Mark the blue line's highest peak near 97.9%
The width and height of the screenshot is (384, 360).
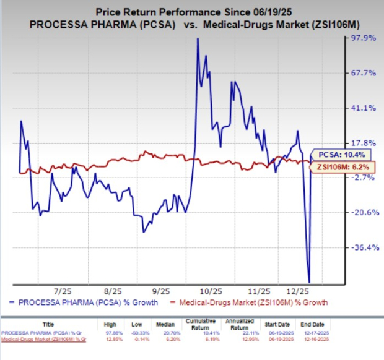(197, 39)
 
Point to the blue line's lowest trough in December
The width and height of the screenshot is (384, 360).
(308, 282)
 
